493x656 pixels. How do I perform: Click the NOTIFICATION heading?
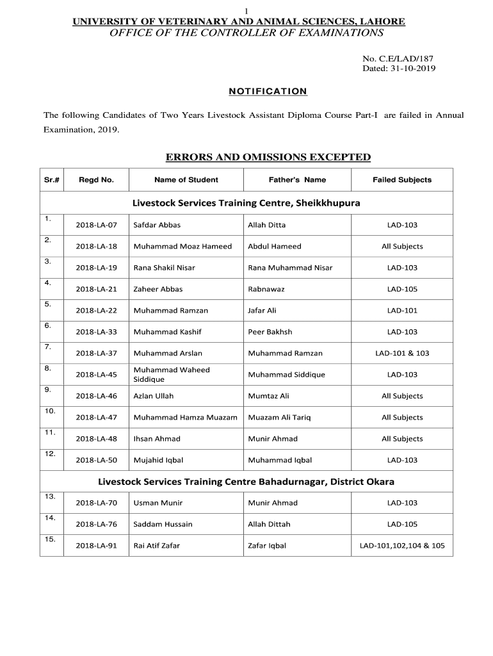click(268, 92)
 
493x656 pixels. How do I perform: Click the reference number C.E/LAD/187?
click(410, 58)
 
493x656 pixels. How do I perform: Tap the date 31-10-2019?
click(412, 69)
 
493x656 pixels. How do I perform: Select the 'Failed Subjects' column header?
click(402, 180)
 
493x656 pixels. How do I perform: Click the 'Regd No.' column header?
click(96, 180)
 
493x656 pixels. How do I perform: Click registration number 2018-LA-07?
click(96, 225)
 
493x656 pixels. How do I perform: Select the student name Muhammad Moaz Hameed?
click(182, 247)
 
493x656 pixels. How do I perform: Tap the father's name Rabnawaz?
click(266, 290)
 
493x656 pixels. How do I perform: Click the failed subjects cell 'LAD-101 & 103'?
click(402, 354)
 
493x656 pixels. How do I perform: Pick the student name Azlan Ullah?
click(153, 397)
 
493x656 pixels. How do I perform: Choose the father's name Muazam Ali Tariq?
click(279, 418)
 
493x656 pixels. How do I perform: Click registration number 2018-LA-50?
click(96, 461)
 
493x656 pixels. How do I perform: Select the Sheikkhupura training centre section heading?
click(247, 203)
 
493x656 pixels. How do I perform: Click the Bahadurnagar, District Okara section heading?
click(246, 482)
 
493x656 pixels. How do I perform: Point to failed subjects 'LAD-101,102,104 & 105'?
click(402, 546)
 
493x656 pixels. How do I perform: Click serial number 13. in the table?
click(50, 496)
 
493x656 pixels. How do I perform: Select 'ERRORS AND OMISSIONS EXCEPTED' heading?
click(268, 157)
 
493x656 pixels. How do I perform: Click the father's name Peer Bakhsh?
click(270, 332)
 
